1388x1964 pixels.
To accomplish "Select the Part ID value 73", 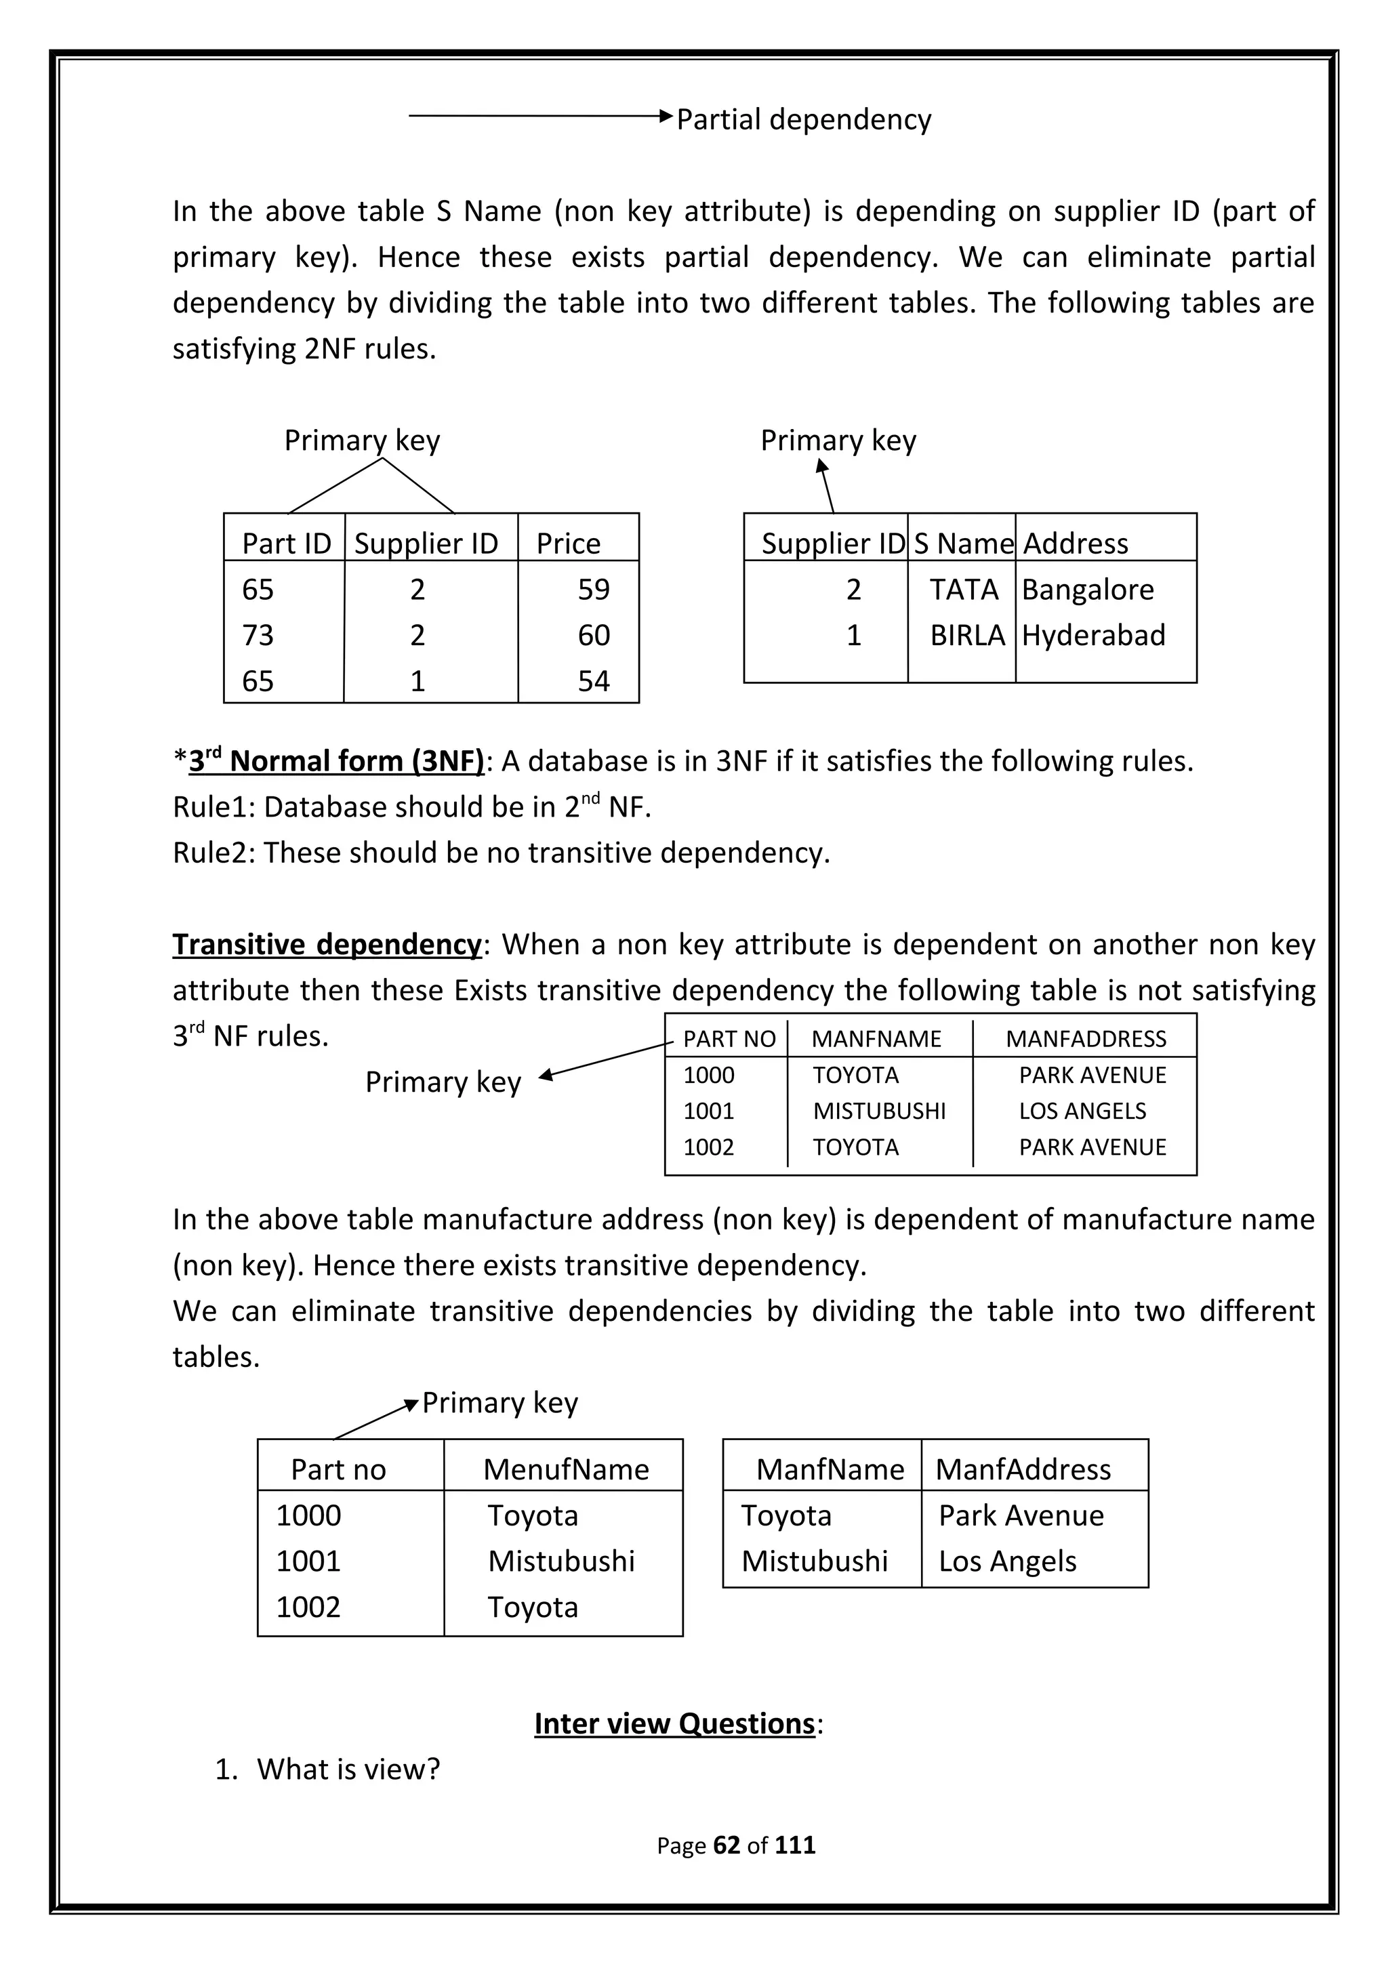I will point(258,635).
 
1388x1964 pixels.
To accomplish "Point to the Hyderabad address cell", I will point(1093,635).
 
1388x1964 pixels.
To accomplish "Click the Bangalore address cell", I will point(1087,590).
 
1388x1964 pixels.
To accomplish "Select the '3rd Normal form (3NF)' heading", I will point(336,760).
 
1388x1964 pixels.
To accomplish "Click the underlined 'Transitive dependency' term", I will point(327,944).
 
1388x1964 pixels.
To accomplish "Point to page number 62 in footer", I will point(726,1845).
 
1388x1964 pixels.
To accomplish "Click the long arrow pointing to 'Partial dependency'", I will point(539,115).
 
